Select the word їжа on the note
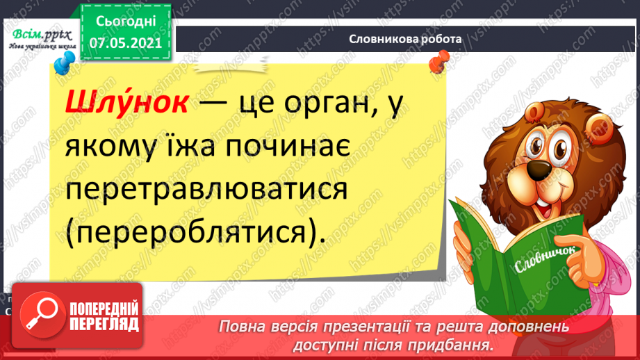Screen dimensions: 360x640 tap(170, 147)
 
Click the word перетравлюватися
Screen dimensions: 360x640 tap(202, 190)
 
